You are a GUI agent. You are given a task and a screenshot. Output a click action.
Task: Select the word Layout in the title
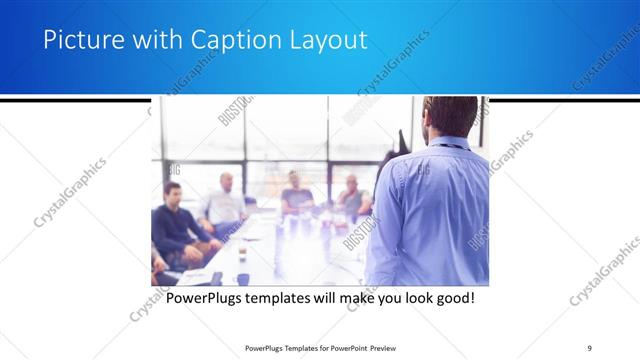pyautogui.click(x=323, y=41)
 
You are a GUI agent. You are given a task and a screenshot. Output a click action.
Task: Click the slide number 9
pyautogui.click(x=590, y=348)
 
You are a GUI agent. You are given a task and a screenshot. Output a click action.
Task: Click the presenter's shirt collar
pyautogui.click(x=450, y=143)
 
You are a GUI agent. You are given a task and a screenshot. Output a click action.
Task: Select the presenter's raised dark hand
pyautogui.click(x=403, y=140)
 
